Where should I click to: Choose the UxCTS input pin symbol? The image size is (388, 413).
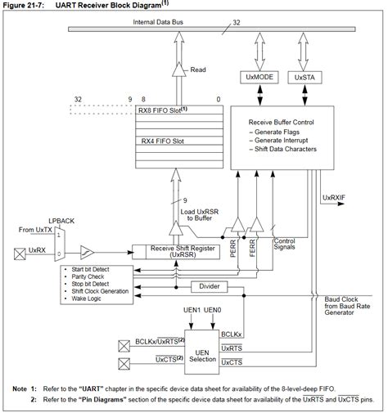click(x=124, y=361)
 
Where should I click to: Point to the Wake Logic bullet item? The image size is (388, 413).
click(x=89, y=299)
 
